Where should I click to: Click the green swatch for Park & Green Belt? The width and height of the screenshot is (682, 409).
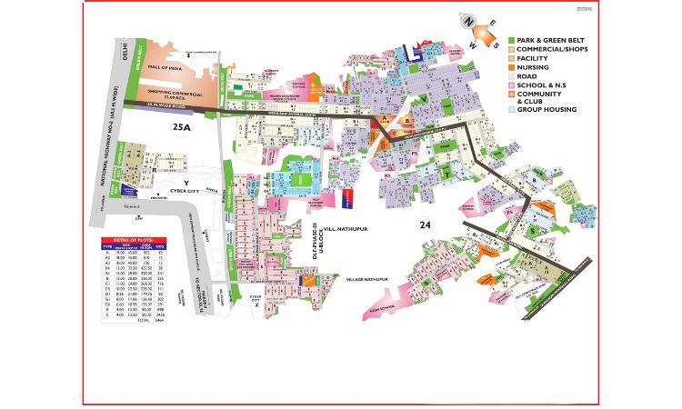(x=512, y=42)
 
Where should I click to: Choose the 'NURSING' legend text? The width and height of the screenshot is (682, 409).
(x=535, y=66)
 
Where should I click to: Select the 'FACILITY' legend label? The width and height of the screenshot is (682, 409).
(x=535, y=58)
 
